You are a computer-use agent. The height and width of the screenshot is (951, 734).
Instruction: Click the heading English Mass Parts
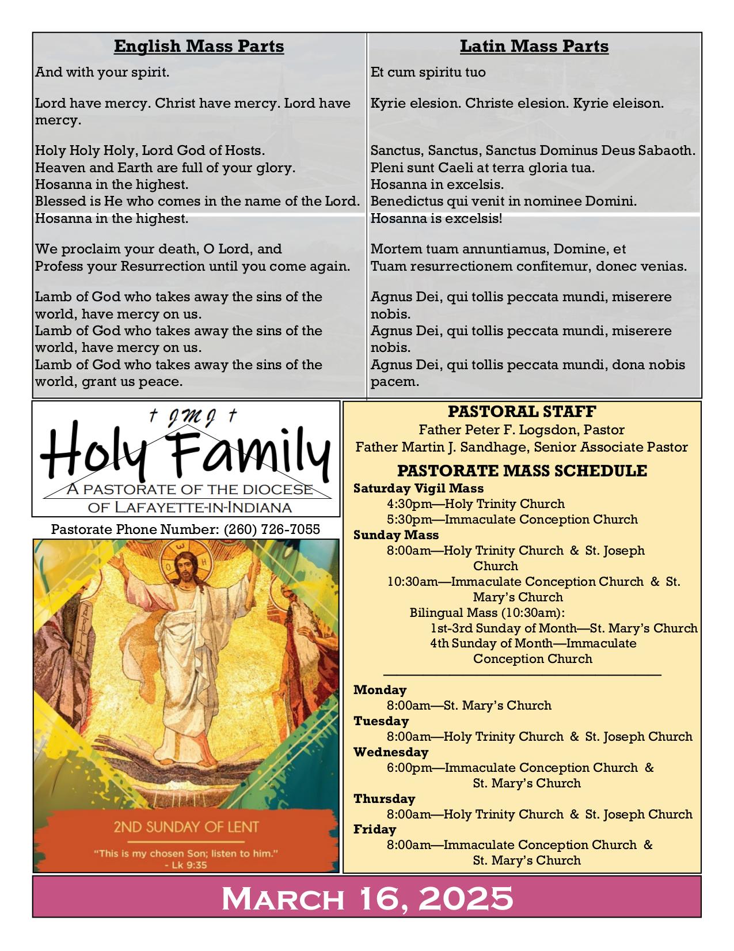pos(199,46)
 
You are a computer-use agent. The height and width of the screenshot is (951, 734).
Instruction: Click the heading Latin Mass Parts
pos(534,46)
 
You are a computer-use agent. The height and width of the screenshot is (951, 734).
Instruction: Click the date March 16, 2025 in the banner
pos(367,897)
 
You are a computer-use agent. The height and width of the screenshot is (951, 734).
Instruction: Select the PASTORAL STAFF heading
pos(522,412)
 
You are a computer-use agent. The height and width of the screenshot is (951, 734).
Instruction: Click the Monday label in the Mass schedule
pos(380,689)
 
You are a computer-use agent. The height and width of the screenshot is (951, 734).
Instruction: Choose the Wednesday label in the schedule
pos(391,752)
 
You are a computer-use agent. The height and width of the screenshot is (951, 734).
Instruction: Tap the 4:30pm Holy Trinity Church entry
pos(476,504)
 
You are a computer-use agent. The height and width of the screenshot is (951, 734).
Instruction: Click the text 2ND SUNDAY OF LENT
pos(186,827)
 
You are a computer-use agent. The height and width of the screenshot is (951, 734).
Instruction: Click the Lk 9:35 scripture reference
pos(185,865)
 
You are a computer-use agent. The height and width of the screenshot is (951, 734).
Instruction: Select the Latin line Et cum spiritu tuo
pos(428,73)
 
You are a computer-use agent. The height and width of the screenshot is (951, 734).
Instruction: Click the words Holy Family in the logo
pos(185,452)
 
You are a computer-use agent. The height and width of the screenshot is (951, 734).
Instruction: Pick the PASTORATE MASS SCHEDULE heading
pos(522,471)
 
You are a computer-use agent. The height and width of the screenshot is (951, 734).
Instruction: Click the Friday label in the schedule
pos(375,829)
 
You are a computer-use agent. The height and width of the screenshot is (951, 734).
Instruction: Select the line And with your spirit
pos(102,73)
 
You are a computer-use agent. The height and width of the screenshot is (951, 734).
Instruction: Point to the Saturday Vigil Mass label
pos(419,488)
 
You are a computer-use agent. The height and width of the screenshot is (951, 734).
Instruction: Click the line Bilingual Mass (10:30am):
pos(487,612)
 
